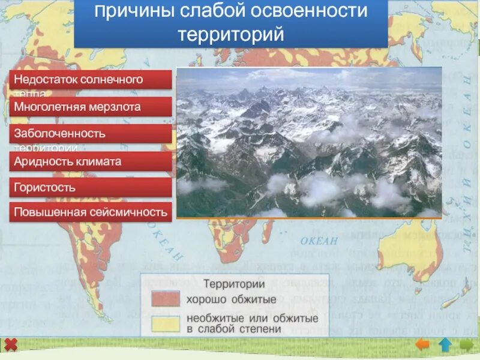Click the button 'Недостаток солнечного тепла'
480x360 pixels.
[x=91, y=80]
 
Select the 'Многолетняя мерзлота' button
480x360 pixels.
[x=91, y=107]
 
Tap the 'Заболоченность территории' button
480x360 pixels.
[x=91, y=134]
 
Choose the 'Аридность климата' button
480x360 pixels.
[x=91, y=161]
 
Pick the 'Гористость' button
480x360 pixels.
[x=91, y=187]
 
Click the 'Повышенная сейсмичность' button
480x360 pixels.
[x=91, y=212]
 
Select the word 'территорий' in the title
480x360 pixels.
[x=230, y=34]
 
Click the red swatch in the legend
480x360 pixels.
[x=165, y=299]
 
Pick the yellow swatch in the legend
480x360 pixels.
[x=165, y=323]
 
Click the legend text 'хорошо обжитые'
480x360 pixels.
[x=231, y=299]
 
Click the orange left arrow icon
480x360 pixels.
[x=423, y=344]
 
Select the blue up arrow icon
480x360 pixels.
[x=445, y=344]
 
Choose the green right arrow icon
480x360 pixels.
[x=466, y=344]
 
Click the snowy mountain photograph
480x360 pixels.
[x=309, y=142]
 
